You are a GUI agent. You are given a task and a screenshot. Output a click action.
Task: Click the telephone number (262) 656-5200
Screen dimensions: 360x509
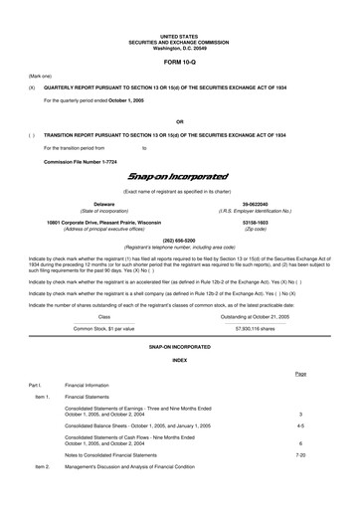click(x=179, y=240)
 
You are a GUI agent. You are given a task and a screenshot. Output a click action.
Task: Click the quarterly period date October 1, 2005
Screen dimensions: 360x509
click(x=130, y=100)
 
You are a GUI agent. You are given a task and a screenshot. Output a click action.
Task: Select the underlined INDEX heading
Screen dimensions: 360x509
click(x=179, y=332)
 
